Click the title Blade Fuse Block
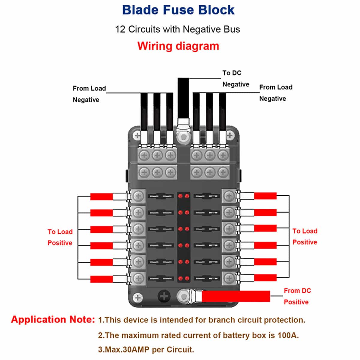pos(178,10)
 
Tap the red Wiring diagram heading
pos(178,46)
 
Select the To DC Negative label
pos(235,79)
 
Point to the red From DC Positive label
pos(297,296)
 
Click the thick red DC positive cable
pos(235,296)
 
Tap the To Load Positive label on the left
pos(60,237)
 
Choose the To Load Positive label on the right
pos(305,236)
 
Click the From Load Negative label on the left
pos(89,94)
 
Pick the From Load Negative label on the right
pos(275,93)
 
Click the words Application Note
pos(53,319)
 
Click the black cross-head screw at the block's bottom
pos(164,296)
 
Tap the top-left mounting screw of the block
pos(137,135)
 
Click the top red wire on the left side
pos(101,196)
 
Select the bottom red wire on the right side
pos(265,278)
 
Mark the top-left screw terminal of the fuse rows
pos(138,196)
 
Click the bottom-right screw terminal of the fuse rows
pos(229,278)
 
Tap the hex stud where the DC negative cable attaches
pos(183,138)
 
